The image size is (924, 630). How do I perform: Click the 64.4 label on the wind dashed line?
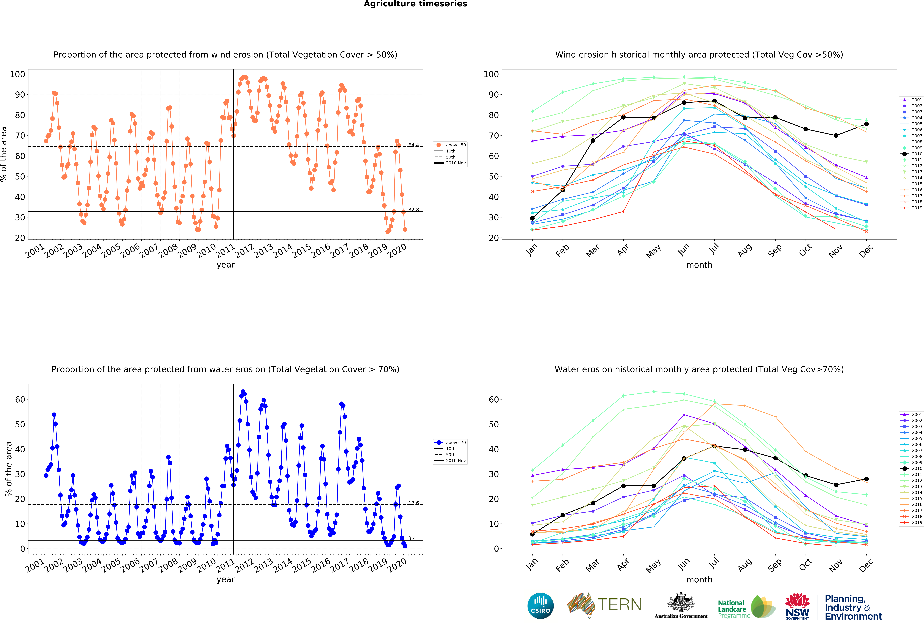[x=413, y=145]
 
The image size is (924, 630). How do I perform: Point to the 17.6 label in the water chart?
[x=413, y=503]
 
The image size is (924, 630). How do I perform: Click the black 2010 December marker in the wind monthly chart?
[x=866, y=124]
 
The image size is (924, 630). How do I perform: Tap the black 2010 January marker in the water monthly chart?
[x=532, y=534]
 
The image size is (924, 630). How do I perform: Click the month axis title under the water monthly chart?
[x=699, y=579]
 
